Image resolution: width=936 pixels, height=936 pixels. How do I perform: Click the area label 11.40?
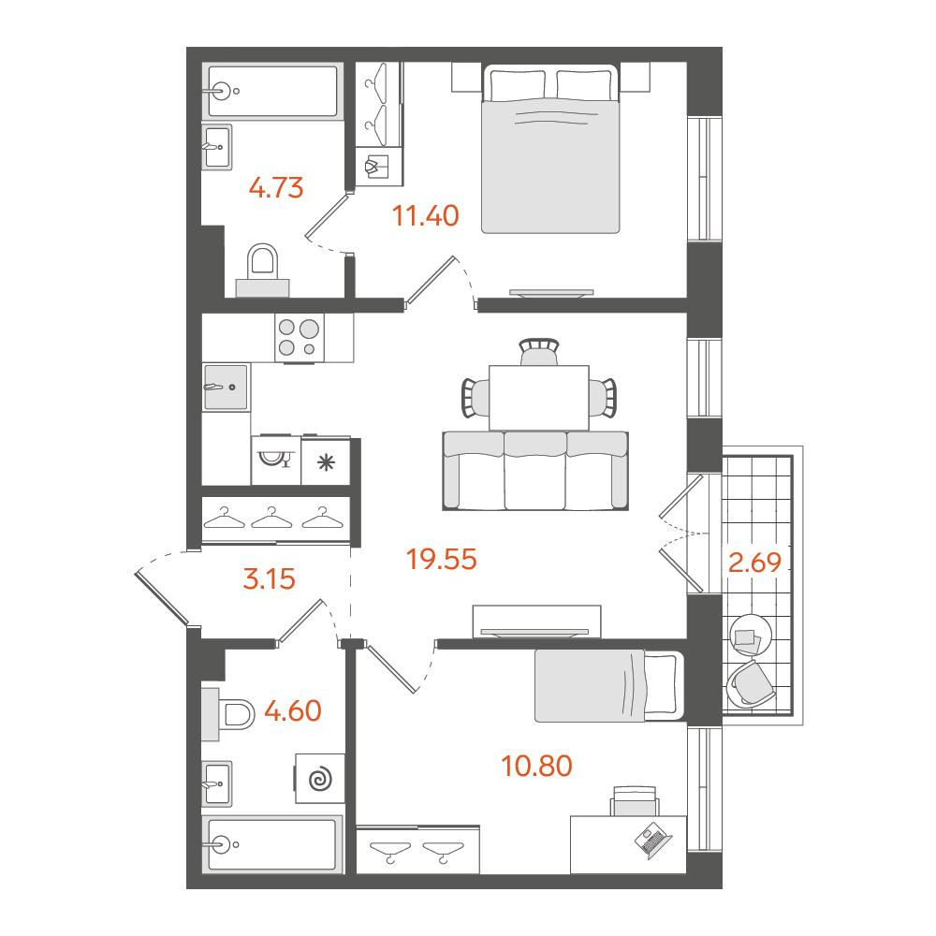tap(426, 215)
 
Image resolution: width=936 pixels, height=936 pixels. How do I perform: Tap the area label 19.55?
tap(441, 560)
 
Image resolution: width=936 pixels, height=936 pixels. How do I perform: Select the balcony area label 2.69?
tap(754, 563)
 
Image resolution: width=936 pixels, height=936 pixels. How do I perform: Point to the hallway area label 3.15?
tap(270, 579)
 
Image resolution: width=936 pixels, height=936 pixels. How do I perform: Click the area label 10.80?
tap(536, 766)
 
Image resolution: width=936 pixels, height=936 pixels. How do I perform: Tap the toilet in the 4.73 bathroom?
tap(263, 270)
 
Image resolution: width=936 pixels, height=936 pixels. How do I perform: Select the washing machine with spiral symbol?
tap(320, 779)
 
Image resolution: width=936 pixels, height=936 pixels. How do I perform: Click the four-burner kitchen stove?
tap(300, 338)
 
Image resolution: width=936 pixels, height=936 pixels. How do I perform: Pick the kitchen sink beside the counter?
tap(226, 387)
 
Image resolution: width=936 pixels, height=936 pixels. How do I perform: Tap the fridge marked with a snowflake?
tap(326, 461)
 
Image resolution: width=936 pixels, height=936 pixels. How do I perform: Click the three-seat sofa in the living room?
tap(535, 471)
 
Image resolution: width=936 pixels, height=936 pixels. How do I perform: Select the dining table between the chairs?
tap(539, 398)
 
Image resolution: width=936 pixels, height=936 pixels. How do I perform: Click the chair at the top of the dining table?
tap(539, 352)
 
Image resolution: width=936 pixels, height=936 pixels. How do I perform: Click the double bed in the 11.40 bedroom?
tap(550, 149)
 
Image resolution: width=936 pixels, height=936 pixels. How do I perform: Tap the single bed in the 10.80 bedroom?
tap(609, 686)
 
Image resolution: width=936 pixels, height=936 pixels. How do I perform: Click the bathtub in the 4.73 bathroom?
tap(272, 92)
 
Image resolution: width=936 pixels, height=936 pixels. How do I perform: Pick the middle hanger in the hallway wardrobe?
tap(271, 518)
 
